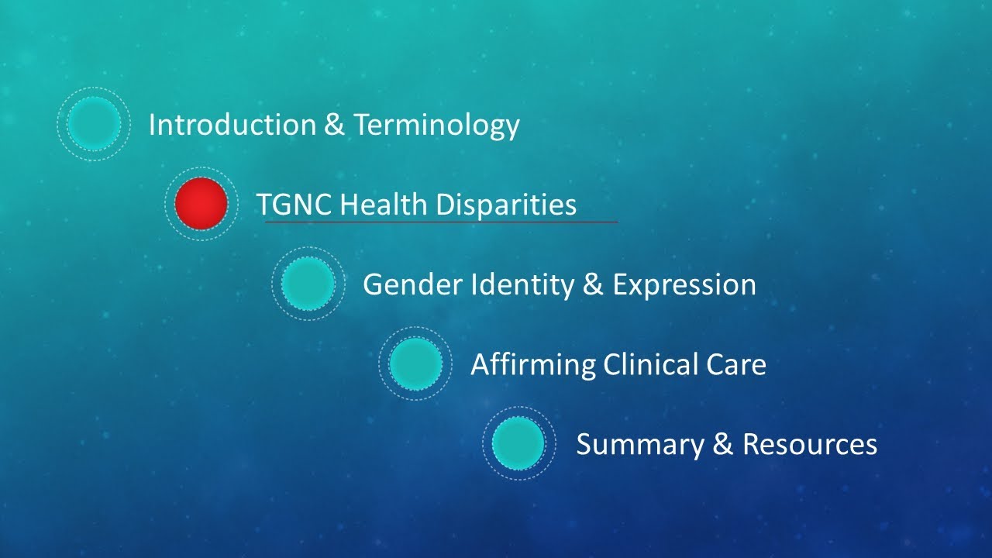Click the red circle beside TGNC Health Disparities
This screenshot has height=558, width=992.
point(201,204)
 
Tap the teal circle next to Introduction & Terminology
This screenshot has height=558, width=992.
point(94,124)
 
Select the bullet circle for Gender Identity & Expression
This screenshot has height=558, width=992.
point(308,284)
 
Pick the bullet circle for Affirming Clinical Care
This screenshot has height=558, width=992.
point(415,363)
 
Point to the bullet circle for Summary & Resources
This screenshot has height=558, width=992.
point(518,443)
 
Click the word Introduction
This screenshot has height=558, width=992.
point(231,125)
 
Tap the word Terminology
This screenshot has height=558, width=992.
point(436,126)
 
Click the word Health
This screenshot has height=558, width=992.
point(384,205)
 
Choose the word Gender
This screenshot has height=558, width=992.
point(412,285)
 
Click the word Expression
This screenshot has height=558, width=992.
point(684,285)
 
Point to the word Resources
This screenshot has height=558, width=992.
point(809,445)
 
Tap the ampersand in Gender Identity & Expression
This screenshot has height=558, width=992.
point(593,285)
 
